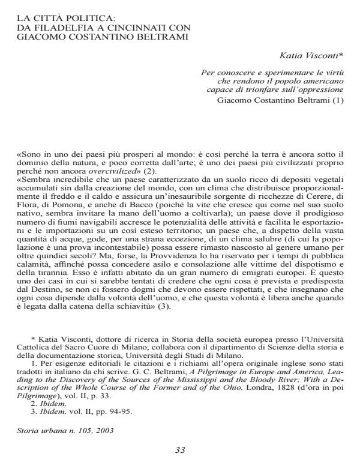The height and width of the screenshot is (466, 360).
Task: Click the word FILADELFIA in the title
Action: coord(56,29)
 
